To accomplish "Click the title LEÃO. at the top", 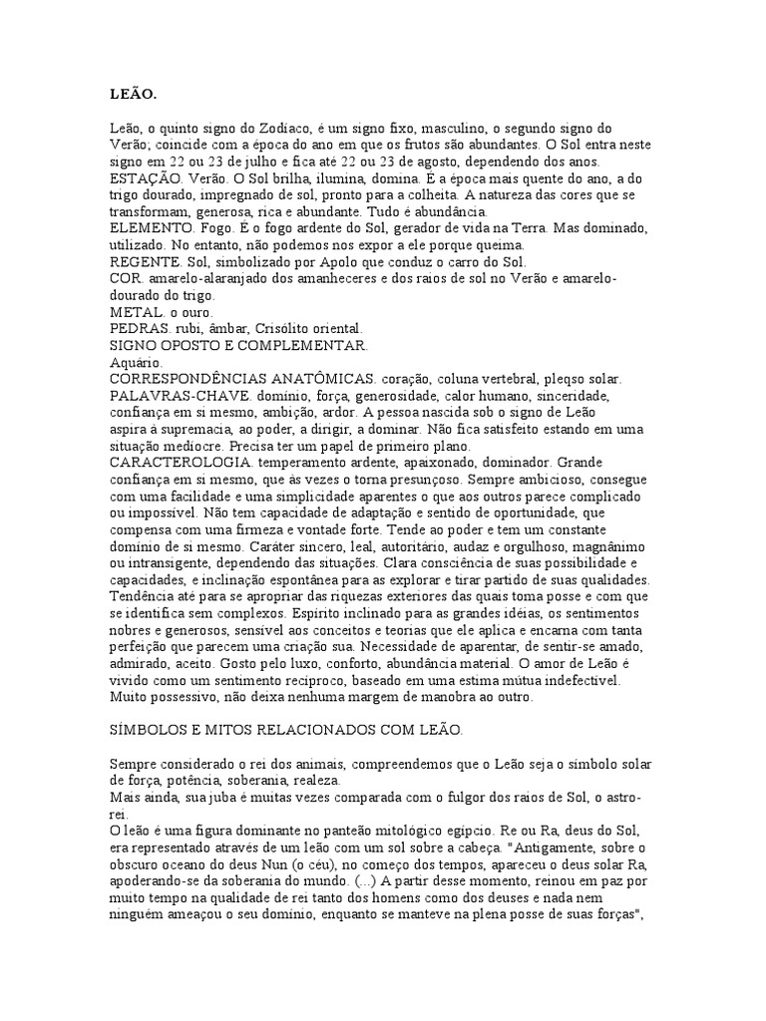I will click(133, 95).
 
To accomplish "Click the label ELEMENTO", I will click(153, 229).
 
